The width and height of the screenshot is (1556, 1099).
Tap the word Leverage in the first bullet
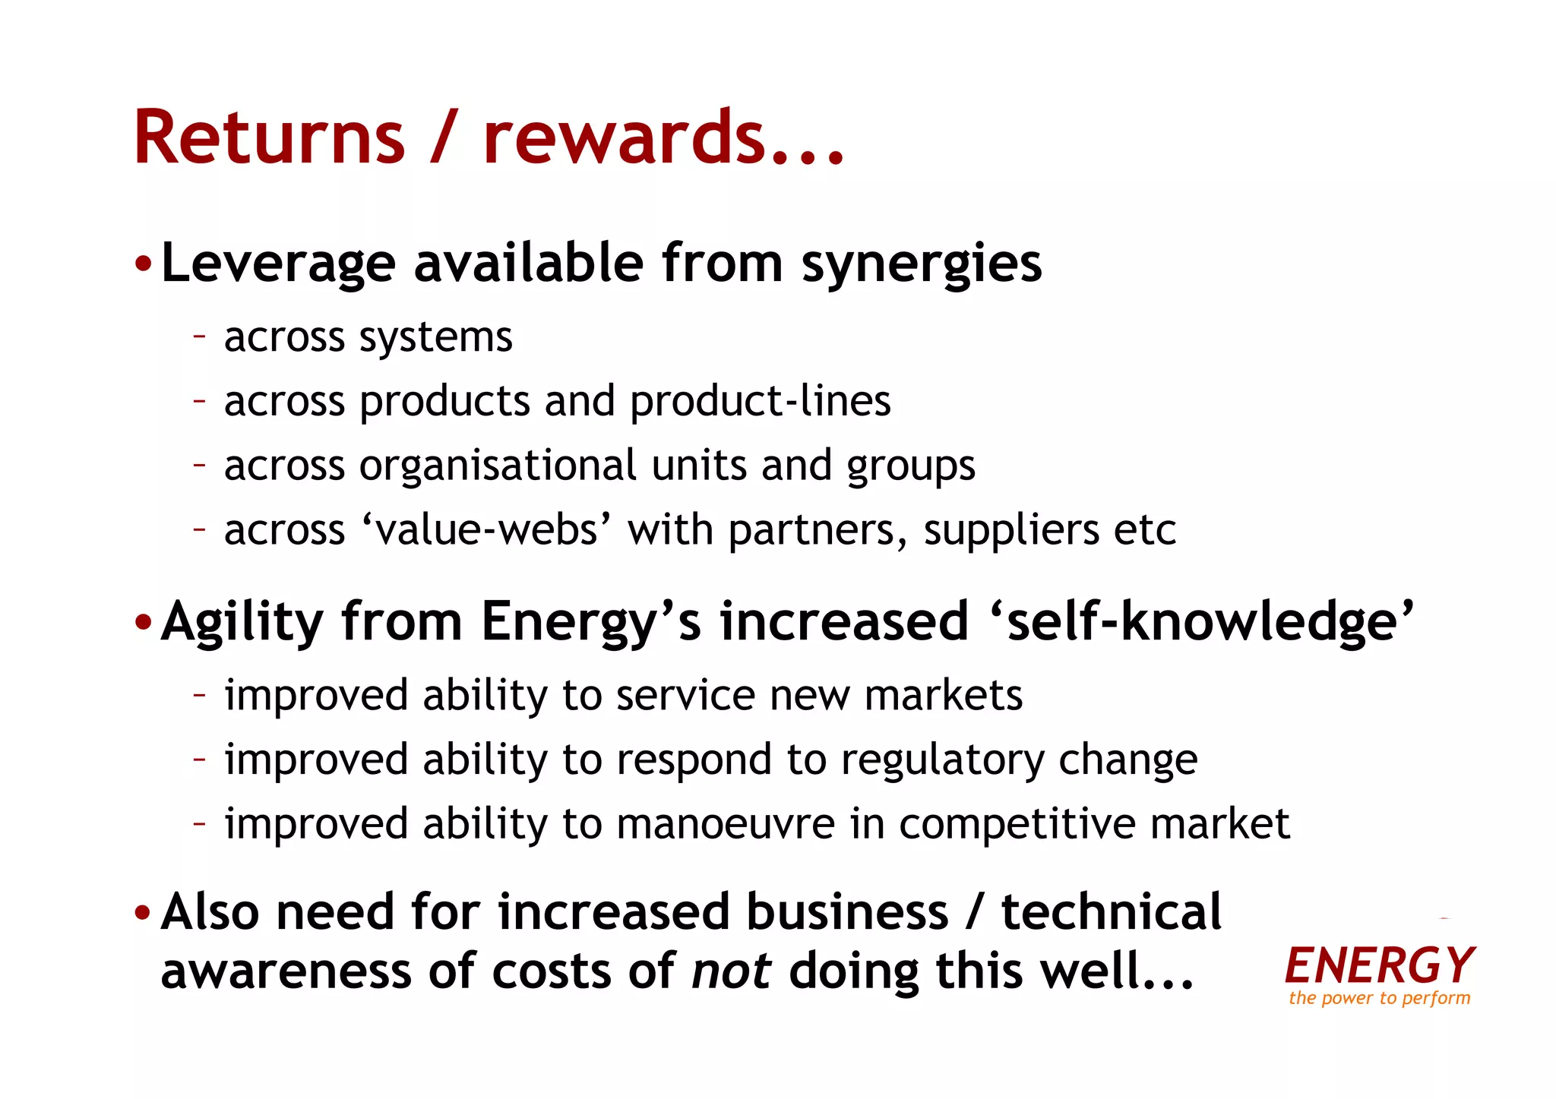point(278,264)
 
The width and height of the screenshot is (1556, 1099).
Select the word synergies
point(922,264)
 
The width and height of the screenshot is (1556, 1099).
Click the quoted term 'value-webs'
point(485,529)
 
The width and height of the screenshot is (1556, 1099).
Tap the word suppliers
point(1011,529)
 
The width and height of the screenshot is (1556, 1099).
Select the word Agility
point(242,622)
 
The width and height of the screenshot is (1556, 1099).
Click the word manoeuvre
point(726,824)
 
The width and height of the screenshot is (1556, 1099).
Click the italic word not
point(731,971)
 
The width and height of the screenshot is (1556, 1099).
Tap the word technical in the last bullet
point(1111,911)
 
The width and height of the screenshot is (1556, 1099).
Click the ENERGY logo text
point(1379,965)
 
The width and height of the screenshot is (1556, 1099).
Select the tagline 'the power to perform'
point(1379,998)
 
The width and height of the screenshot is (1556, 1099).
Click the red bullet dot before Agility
point(143,623)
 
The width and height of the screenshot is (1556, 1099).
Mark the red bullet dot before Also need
point(143,913)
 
